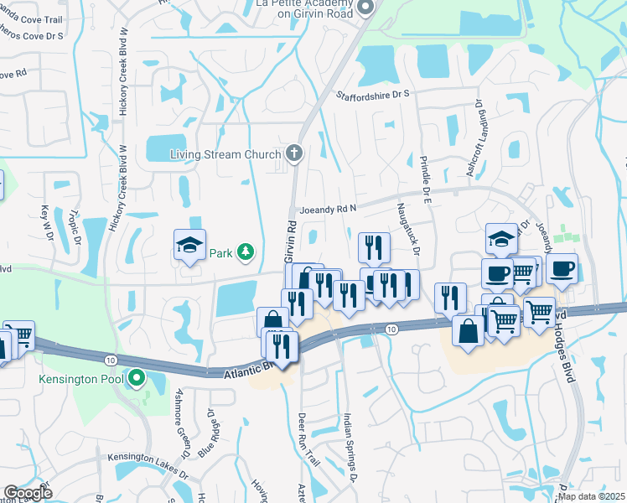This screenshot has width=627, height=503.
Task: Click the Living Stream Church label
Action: [x=226, y=154]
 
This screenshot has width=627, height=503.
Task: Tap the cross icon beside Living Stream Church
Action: [x=293, y=153]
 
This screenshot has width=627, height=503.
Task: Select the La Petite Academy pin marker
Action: [x=365, y=8]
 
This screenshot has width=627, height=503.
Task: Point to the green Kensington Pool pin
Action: [x=135, y=381]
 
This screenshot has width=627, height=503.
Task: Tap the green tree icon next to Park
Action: [x=245, y=251]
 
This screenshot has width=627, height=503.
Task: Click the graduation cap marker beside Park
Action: [x=189, y=246]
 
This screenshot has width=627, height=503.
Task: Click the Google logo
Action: [x=28, y=493]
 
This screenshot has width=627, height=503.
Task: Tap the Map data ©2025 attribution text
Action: [x=591, y=496]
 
